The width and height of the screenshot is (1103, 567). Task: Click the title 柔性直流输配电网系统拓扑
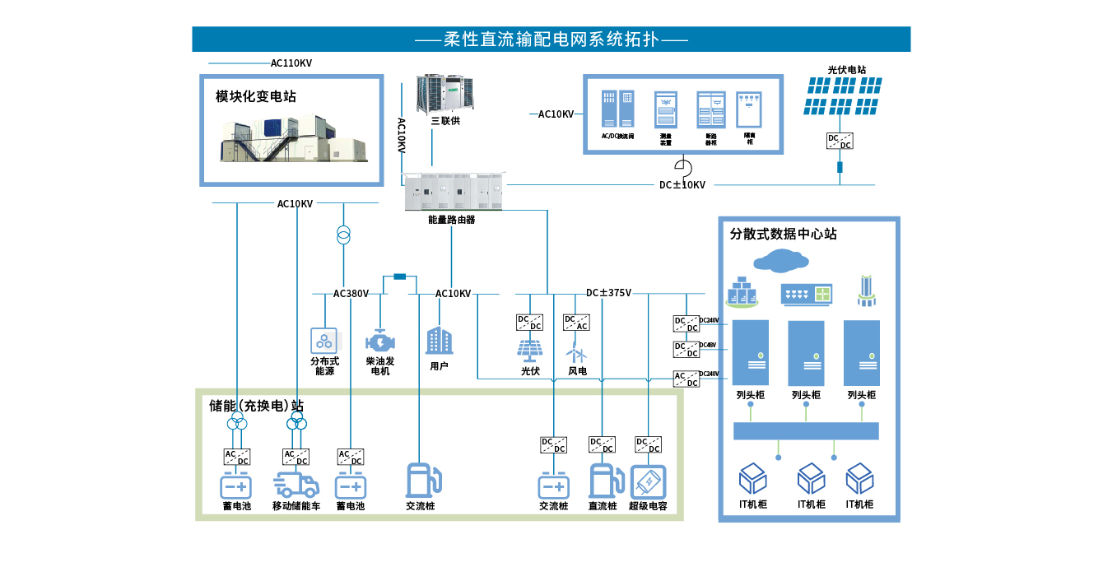[551, 39]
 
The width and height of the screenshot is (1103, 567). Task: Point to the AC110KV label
[291, 63]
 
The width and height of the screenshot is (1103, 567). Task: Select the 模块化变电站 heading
[256, 96]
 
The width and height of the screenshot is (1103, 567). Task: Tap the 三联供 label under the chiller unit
[445, 121]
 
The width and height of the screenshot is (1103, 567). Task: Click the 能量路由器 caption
[451, 220]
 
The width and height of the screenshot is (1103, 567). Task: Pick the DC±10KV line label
[682, 185]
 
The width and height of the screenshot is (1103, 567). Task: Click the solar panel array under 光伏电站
[843, 96]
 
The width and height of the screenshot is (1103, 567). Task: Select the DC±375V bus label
[608, 293]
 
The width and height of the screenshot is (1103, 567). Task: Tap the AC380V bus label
[351, 294]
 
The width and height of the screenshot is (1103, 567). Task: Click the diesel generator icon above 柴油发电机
[379, 341]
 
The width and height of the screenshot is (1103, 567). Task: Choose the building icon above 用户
[439, 340]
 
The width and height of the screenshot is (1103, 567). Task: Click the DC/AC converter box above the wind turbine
[576, 322]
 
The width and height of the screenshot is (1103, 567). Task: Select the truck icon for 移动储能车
[296, 485]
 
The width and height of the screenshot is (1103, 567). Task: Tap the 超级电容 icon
[648, 482]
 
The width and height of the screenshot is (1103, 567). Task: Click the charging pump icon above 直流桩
[603, 481]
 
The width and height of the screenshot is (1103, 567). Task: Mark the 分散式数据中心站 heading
[783, 234]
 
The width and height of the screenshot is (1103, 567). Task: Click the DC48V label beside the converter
[707, 346]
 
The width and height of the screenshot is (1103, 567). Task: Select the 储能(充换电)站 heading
[256, 406]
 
